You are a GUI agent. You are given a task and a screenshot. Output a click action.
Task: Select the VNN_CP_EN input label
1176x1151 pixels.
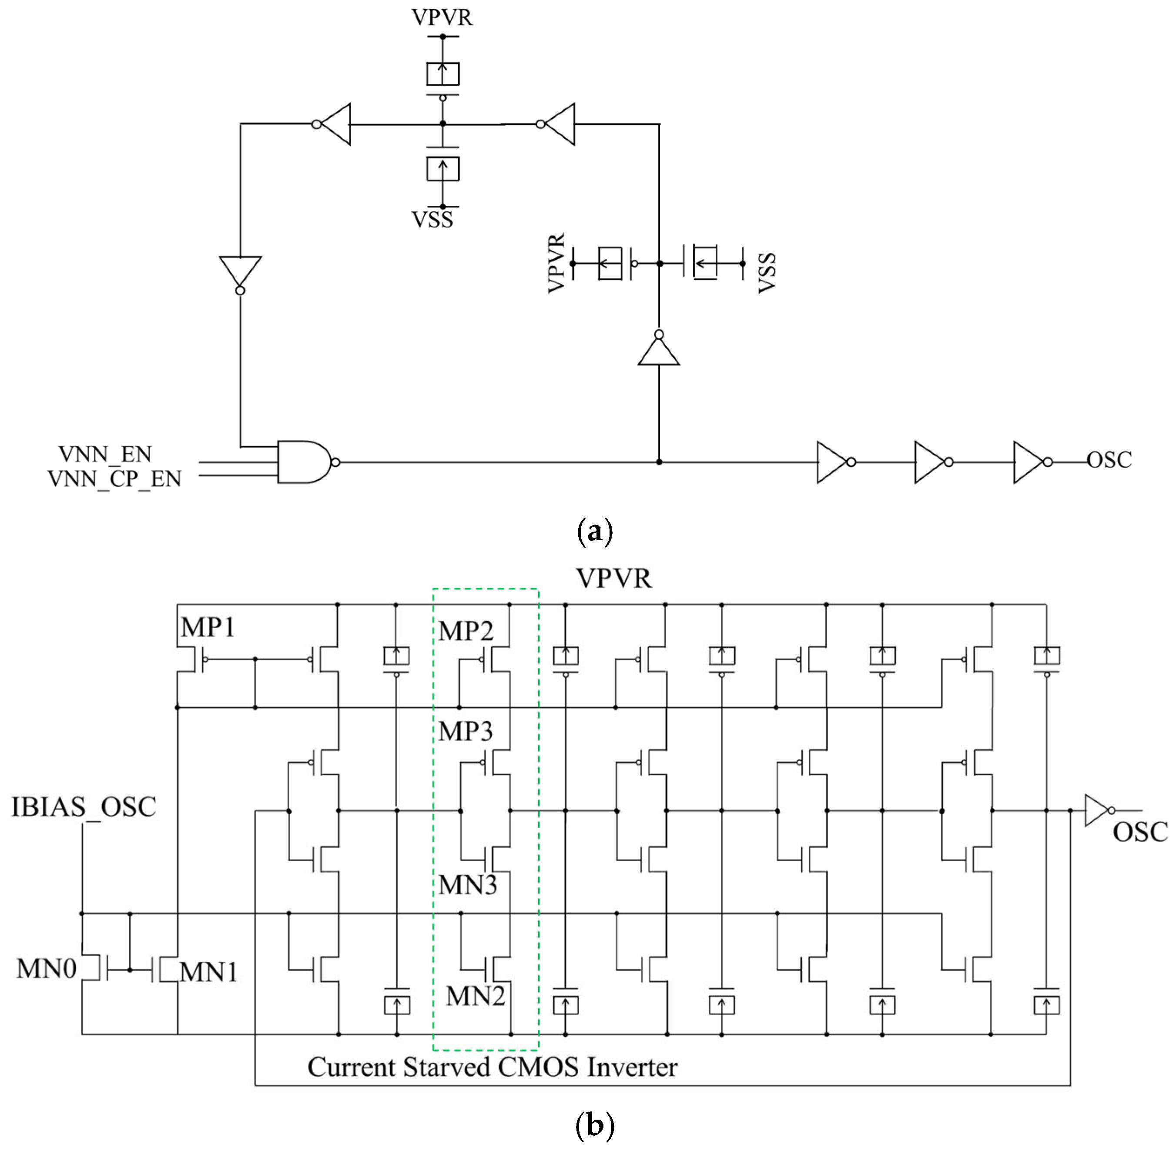coord(114,479)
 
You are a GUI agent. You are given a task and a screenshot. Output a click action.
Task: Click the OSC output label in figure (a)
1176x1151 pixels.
coord(1109,460)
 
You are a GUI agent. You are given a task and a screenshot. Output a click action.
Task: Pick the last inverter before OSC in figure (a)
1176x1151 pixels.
coord(1030,462)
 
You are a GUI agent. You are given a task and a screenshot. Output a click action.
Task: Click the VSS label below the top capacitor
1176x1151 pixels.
coord(432,219)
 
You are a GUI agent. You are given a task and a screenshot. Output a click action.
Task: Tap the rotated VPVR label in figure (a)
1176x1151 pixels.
coord(556,263)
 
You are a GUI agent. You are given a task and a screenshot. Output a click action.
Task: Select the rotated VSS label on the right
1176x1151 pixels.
coord(766,273)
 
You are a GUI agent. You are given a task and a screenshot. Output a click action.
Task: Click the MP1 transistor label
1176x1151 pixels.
coord(208,628)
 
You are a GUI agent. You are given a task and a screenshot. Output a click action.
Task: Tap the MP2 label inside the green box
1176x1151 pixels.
coord(466,631)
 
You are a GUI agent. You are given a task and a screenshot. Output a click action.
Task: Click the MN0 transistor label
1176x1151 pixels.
coord(46,968)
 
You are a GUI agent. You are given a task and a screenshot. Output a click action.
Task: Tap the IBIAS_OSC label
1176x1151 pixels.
coord(84,807)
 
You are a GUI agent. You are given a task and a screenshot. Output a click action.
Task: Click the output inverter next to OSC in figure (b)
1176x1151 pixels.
coord(1097,810)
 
